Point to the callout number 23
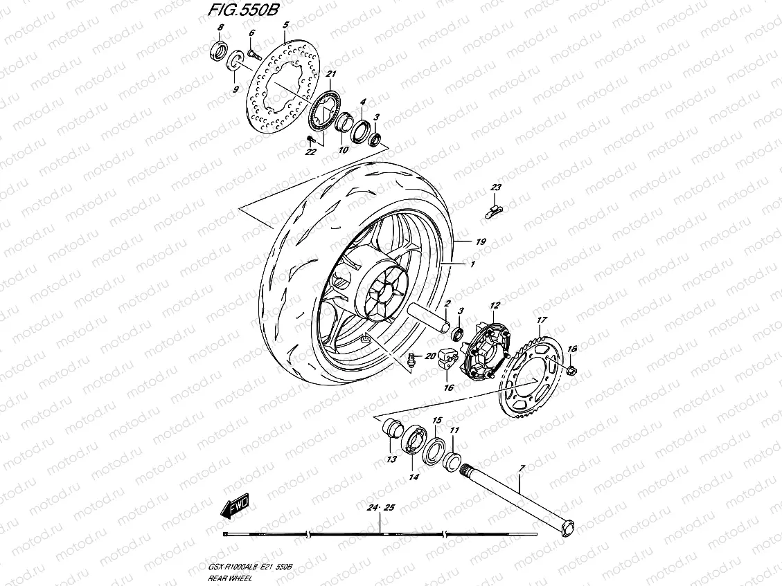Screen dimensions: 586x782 (x=496, y=188)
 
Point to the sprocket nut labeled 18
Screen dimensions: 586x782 (x=571, y=372)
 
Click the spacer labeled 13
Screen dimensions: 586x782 (x=393, y=430)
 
